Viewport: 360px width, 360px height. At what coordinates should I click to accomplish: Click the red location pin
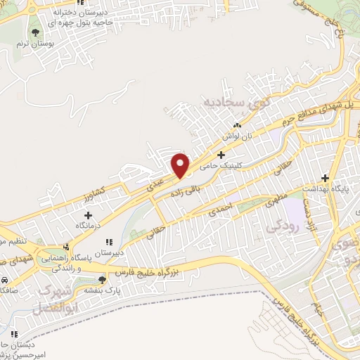coord(181,165)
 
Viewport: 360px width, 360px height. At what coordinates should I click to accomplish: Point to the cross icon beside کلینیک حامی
coord(221,155)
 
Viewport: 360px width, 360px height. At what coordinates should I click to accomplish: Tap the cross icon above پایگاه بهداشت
coord(325,178)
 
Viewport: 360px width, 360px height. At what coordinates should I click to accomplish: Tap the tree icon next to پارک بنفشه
coord(103,280)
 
